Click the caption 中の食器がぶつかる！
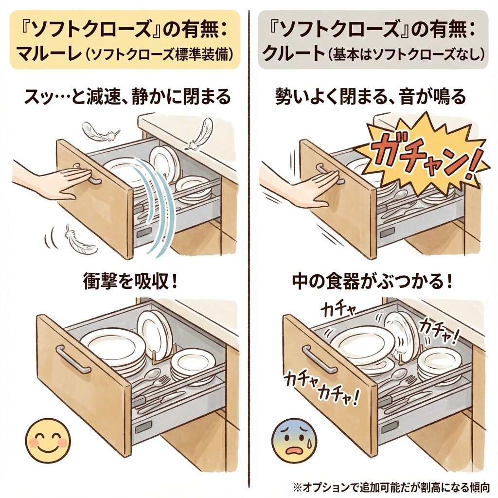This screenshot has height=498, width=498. (372, 281)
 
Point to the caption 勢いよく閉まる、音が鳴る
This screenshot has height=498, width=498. (370, 96)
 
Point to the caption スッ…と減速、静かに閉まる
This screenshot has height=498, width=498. (127, 96)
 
